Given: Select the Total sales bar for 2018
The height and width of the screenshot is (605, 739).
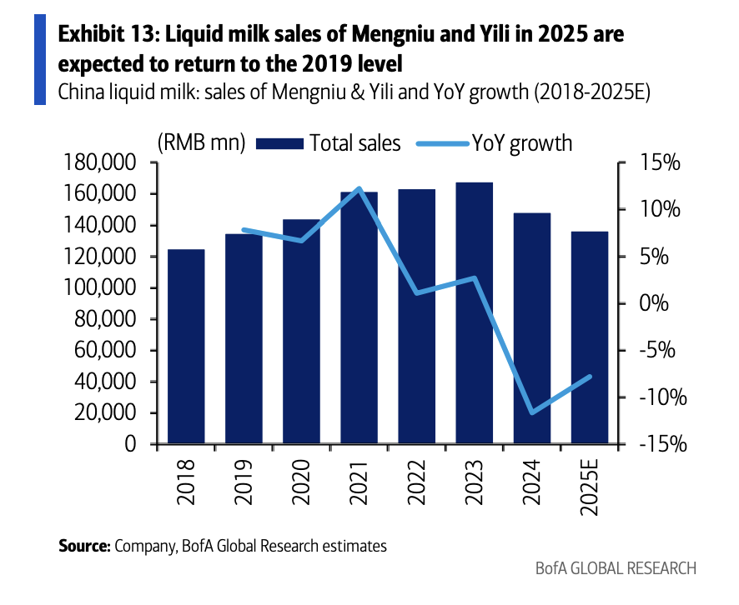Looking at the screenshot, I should pos(186,347).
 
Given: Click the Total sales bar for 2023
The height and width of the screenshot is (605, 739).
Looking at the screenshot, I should pos(475,313).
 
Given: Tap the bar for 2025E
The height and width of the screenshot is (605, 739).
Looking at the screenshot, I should pos(590,337).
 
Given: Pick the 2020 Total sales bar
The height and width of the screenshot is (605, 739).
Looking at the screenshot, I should pos(301,332).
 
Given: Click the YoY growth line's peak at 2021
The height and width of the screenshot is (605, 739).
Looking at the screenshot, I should pos(359,188).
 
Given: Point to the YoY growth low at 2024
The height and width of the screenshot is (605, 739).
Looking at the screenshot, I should pos(532,412).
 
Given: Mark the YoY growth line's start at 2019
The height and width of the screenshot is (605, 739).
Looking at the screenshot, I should pos(244,229).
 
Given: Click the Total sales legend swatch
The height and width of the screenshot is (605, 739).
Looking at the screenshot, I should pos(278,143).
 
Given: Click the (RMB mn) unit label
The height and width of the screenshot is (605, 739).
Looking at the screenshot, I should pos(200,143).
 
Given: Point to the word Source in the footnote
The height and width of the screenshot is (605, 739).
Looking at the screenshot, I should pos(83,547).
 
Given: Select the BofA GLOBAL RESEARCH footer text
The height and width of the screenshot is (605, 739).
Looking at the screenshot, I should pos(615,568).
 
